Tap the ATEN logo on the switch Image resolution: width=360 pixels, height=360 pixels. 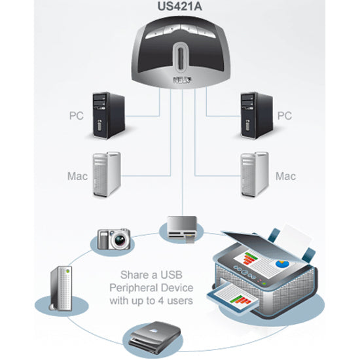coord(179,81)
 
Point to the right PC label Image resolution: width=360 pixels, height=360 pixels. coord(285,115)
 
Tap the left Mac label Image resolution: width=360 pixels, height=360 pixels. coord(77,176)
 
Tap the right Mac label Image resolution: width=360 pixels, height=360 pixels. coord(285,176)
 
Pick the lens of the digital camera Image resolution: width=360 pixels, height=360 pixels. coord(120,240)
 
